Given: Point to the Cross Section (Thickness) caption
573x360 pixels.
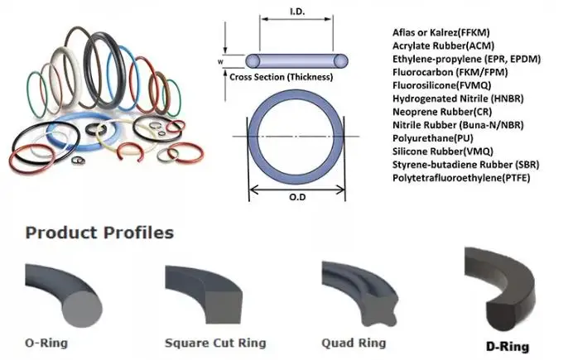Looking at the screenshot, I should (282, 77).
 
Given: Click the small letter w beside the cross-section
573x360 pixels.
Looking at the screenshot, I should (219, 60).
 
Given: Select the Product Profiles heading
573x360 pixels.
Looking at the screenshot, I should (99, 232).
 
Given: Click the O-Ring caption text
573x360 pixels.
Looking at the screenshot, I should (46, 342).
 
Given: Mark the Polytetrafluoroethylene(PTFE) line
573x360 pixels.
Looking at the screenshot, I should (461, 178).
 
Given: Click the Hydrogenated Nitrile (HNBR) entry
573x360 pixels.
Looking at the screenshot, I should (454, 98).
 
